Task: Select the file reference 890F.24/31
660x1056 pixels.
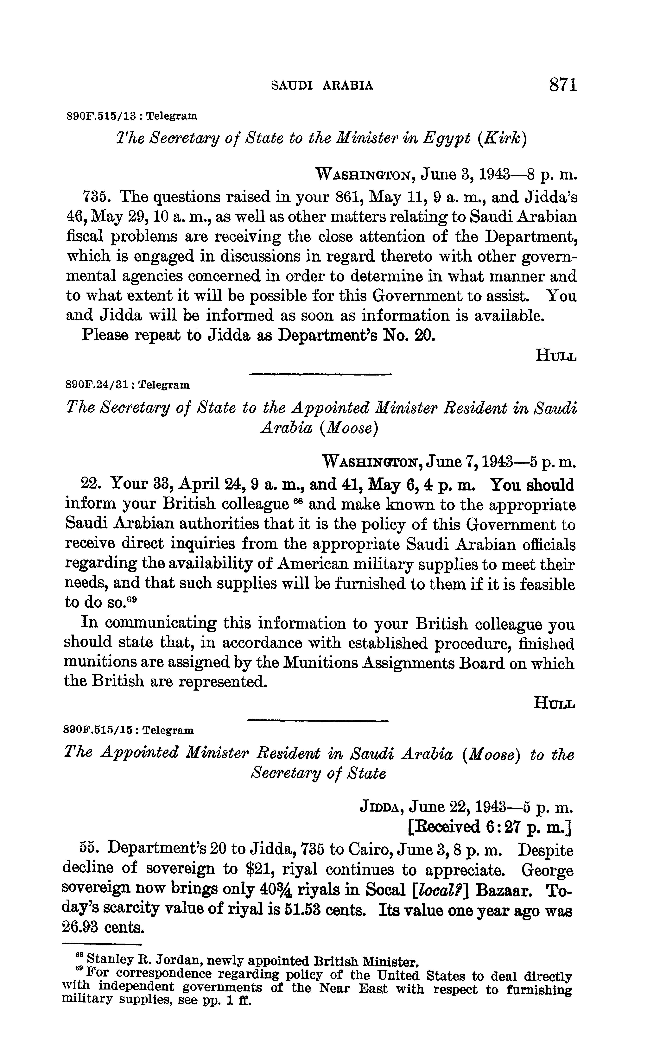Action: coord(97,385)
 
